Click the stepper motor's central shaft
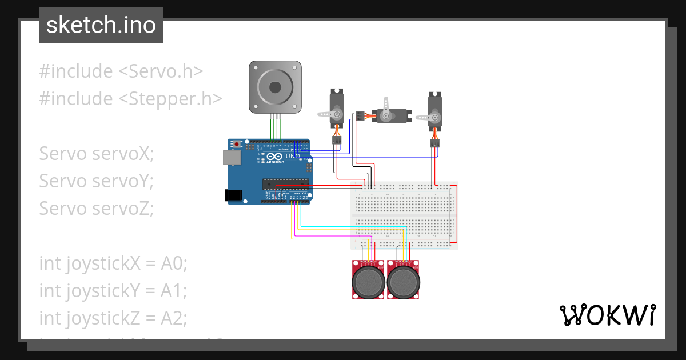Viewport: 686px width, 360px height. pos(274,87)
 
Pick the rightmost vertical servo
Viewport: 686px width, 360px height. pos(435,111)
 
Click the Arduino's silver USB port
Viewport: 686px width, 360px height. pos(232,157)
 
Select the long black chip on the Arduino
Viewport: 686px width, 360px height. pos(286,183)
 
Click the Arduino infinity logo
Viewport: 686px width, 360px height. pos(274,157)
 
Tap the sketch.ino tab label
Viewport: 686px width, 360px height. pos(101,25)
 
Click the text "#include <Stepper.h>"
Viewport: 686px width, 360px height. pos(130,99)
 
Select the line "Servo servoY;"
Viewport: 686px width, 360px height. pos(97,181)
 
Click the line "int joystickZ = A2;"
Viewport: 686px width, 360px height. pos(113,318)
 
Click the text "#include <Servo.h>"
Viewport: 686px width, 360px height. pos(121,71)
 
